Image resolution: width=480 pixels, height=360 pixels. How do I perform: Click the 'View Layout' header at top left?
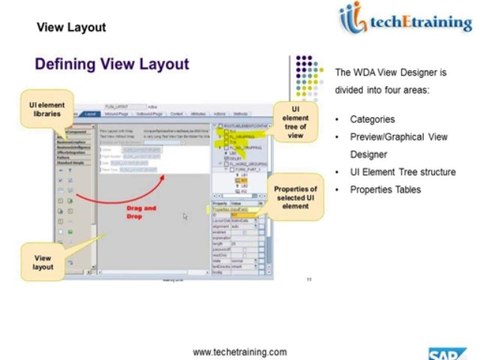[x=71, y=27]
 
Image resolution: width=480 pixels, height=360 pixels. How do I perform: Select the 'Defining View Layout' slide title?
[x=111, y=64]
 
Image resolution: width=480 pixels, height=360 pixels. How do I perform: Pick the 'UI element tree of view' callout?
[x=296, y=122]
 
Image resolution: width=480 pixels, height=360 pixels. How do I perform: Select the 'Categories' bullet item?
[x=375, y=119]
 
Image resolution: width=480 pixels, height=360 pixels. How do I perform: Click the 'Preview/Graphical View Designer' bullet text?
[x=395, y=146]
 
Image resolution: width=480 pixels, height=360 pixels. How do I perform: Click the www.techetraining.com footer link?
[x=239, y=351]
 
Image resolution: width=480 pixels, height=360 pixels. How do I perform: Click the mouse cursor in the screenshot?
[x=185, y=216]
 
